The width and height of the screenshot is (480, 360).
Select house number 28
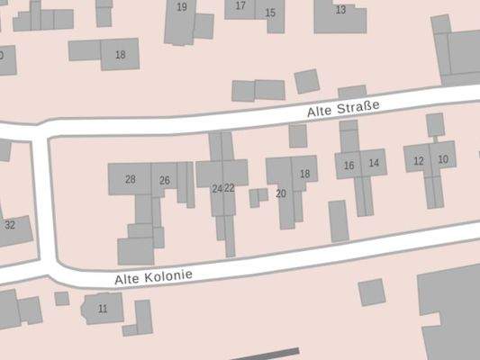tap(131, 180)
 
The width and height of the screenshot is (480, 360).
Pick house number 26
tap(164, 181)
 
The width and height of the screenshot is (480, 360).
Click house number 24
tap(216, 189)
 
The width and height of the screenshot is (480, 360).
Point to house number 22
tap(229, 188)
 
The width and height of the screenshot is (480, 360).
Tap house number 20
tap(280, 193)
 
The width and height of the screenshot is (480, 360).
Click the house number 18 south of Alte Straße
tap(304, 174)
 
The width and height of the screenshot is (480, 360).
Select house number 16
tap(349, 165)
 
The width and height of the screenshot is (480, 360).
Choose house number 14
tap(374, 163)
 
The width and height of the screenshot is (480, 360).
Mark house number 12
tap(418, 161)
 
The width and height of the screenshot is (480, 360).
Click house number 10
tap(442, 159)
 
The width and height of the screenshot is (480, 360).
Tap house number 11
tap(103, 309)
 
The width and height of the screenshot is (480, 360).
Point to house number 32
tap(10, 225)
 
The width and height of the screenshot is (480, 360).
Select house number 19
tap(182, 7)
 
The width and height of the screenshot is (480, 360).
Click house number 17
tap(240, 6)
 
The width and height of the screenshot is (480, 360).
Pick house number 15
tap(270, 13)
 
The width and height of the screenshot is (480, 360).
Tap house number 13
tap(340, 10)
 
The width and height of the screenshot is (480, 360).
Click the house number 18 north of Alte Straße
tap(120, 55)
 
